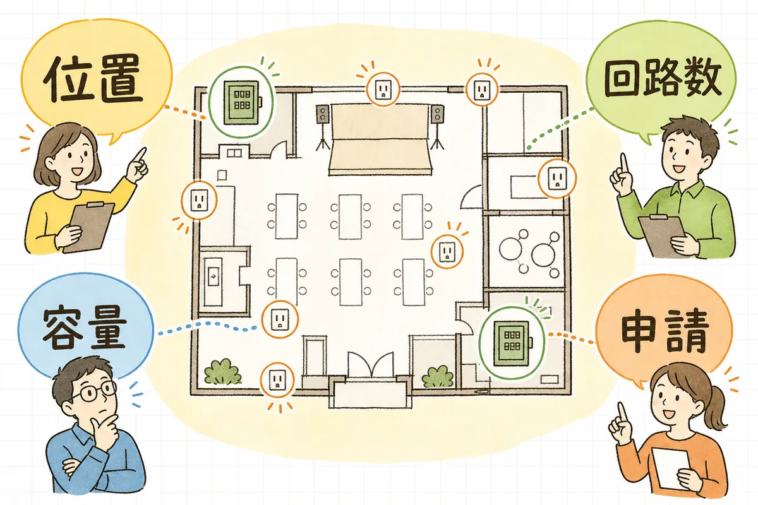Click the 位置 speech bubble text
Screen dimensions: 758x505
point(92,79)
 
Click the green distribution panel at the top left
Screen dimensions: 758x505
point(242,102)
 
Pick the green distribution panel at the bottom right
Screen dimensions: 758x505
point(512,343)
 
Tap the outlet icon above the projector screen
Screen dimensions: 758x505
point(383,90)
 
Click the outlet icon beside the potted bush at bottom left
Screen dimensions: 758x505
point(277,380)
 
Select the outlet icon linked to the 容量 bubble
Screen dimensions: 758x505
point(280,319)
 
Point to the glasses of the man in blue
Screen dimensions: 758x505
point(93,391)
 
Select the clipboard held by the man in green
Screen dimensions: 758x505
point(663,235)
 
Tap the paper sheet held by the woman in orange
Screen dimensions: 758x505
point(671,468)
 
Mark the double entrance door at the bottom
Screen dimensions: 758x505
point(371,365)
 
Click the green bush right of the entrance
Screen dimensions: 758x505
point(438,377)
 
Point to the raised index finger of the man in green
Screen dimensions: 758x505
point(623,165)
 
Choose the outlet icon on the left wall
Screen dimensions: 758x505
point(199,200)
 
